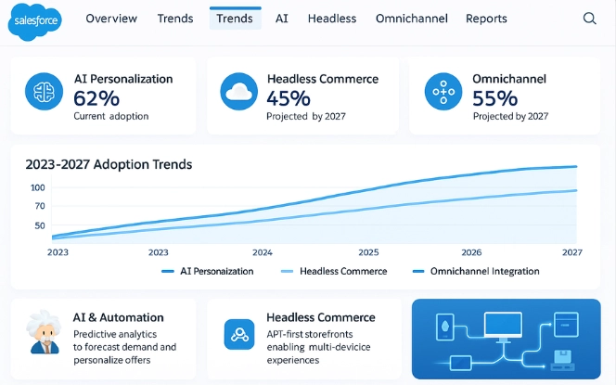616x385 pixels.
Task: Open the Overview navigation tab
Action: pos(111,19)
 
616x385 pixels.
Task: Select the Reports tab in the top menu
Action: pos(486,19)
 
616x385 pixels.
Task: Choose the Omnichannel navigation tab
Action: pos(412,19)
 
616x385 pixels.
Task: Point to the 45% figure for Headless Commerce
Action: pos(289,98)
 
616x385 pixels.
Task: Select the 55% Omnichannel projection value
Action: pos(494,98)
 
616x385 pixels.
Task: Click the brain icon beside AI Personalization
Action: pos(41,92)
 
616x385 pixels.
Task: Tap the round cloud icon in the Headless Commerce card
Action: pos(238,92)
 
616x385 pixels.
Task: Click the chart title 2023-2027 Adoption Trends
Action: pos(109,164)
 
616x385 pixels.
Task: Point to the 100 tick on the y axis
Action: pos(38,187)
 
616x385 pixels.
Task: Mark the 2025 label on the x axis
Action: pos(369,251)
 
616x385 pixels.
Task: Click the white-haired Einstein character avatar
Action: pos(41,333)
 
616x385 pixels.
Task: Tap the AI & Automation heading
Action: pos(118,317)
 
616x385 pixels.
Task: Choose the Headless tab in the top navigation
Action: pos(331,19)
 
